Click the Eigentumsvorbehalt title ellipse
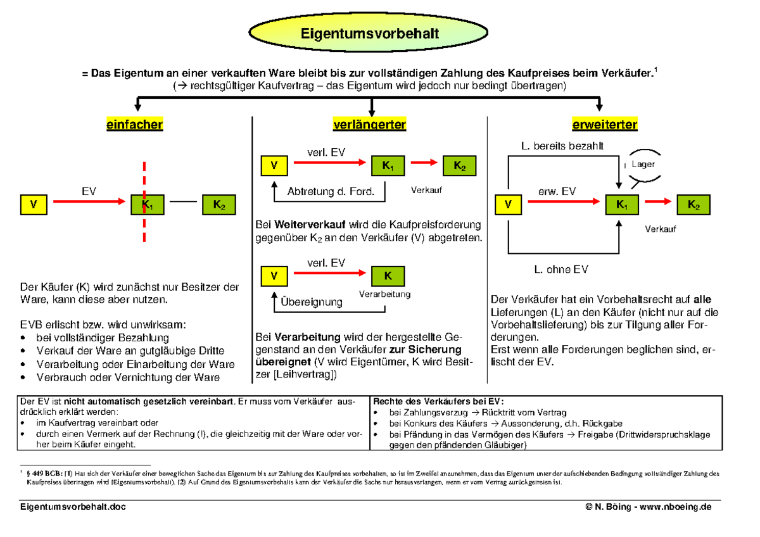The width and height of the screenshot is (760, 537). point(369,33)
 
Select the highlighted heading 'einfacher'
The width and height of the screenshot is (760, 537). point(134,125)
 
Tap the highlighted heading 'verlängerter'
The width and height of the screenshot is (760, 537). point(369,125)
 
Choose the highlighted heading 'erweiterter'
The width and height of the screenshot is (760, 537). point(605,125)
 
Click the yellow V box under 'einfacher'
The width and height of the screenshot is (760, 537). point(33,205)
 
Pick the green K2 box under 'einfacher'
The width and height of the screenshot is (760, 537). point(218,205)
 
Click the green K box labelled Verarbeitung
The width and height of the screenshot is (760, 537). point(388,277)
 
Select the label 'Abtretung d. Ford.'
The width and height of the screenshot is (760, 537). point(331,191)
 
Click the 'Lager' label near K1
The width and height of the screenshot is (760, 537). point(643,164)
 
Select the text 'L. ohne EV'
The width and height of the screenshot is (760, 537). point(561,269)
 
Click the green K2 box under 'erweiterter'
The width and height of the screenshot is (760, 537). point(693,205)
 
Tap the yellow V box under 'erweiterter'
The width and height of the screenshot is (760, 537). point(508,205)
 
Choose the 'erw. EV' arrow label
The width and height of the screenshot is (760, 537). point(557,191)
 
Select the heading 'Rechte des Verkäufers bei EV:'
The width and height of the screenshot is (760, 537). point(439,401)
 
